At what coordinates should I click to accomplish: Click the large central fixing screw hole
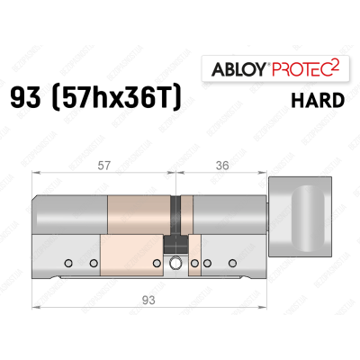coord(175,264)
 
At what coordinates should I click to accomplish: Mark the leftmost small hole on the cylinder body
coord(67,264)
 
